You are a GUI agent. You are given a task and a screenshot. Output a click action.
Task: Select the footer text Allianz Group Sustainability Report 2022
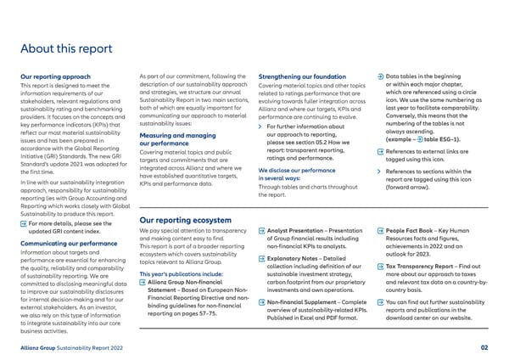point(74,348)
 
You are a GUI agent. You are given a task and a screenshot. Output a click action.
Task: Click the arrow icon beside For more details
point(23,200)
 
